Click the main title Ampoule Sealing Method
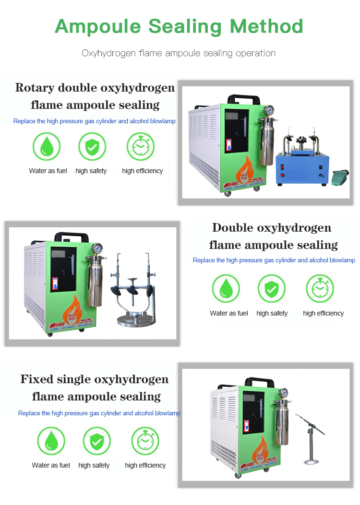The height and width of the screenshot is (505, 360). pos(179,26)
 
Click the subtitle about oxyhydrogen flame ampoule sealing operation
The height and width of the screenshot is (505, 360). pos(179,53)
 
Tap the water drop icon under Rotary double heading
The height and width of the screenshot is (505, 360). pos(47,146)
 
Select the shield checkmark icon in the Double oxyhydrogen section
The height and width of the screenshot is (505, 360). pos(272,289)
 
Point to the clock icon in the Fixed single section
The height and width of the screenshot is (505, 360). pos(145,441)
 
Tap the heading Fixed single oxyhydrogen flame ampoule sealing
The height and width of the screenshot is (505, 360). pos(95,388)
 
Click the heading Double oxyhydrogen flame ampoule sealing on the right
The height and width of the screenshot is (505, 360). pos(273,236)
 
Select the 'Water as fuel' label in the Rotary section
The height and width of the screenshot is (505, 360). pos(48,171)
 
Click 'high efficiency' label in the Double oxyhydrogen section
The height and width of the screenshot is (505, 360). pos(323,313)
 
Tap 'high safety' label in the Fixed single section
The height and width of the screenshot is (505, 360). pos(94,465)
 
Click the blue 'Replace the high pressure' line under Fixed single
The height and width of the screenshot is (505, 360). pos(99,413)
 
